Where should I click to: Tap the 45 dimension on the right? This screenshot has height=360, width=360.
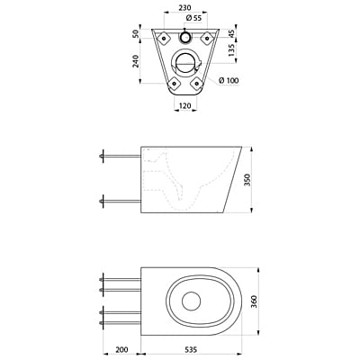233,33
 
